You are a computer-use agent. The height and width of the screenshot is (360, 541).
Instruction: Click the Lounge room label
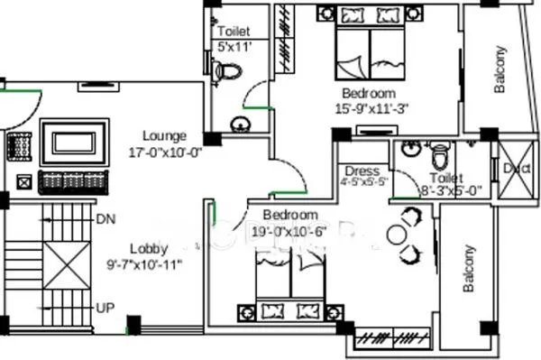click(x=164, y=135)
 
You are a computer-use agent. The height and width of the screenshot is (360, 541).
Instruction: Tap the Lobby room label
click(x=144, y=248)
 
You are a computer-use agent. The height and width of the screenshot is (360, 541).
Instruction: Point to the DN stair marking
click(x=105, y=219)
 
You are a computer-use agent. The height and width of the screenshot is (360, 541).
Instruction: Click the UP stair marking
click(x=105, y=308)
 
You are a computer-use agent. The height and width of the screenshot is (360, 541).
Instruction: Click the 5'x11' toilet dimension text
click(x=233, y=47)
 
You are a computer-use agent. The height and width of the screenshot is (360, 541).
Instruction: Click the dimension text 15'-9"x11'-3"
click(x=371, y=109)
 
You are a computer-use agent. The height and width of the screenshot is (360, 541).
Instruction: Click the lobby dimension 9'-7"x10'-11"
click(x=144, y=264)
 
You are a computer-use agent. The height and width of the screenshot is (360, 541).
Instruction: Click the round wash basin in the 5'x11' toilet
click(x=240, y=124)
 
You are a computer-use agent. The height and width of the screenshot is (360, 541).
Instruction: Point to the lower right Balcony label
click(x=469, y=269)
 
